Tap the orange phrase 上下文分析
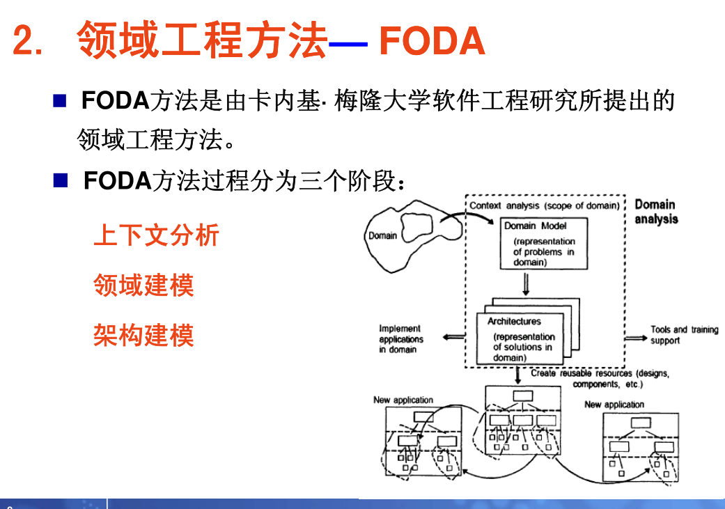[x=156, y=235]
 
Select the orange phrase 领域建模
[x=143, y=285]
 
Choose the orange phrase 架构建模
[x=143, y=336]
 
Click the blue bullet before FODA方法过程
[x=61, y=182]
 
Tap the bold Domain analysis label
[x=655, y=212]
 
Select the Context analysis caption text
[x=544, y=205]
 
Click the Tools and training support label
[x=684, y=335]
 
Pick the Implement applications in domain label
[x=400, y=338]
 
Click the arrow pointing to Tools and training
[x=634, y=338]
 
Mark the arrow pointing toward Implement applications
[x=454, y=338]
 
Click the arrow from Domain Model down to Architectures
[x=527, y=284]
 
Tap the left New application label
[x=403, y=400]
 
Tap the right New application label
[x=614, y=404]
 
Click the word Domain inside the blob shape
[x=382, y=235]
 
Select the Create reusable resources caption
[x=599, y=378]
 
